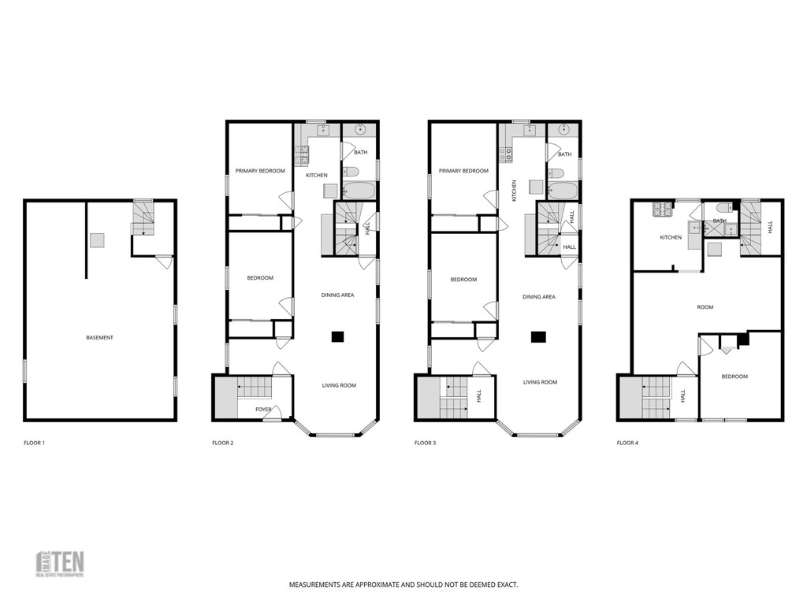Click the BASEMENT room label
click(x=99, y=338)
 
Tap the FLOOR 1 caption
click(x=34, y=443)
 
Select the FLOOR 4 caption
click(x=627, y=443)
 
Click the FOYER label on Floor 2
click(x=263, y=410)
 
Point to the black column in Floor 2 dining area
click(x=337, y=337)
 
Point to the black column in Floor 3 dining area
click(x=538, y=337)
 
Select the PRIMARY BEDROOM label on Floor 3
click(x=463, y=171)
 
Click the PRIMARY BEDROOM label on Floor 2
click(x=260, y=171)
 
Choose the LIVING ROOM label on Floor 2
click(x=339, y=385)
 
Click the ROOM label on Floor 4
click(x=705, y=307)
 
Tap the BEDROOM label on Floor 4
click(x=734, y=377)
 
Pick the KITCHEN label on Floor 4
click(x=671, y=237)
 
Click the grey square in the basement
click(x=96, y=240)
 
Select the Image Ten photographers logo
click(x=61, y=563)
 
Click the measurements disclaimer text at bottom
click(x=403, y=585)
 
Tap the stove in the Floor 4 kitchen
click(x=660, y=210)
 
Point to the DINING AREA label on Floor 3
click(x=539, y=297)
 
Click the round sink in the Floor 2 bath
click(x=362, y=131)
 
